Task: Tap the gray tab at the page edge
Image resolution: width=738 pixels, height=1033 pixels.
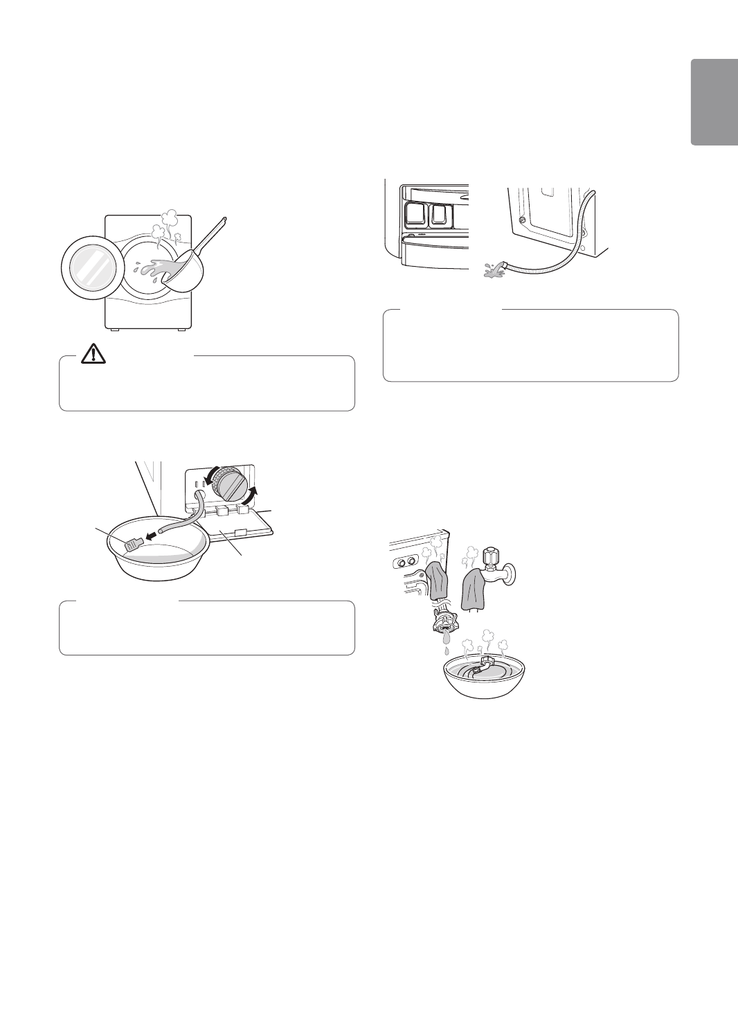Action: (x=713, y=102)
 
